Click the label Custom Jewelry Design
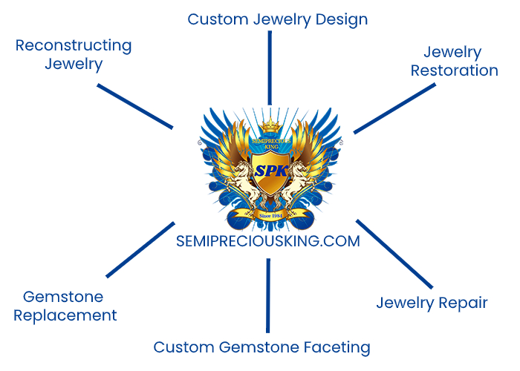277,19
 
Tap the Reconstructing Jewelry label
73,54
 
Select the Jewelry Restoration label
454,62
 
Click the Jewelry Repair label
432,303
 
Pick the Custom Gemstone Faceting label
261,347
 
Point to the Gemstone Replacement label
70,306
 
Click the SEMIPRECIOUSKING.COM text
267,241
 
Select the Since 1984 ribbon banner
270,215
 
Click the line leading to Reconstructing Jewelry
135,105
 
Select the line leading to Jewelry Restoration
394,108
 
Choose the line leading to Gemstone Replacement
140,249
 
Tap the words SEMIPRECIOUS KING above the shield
269,144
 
